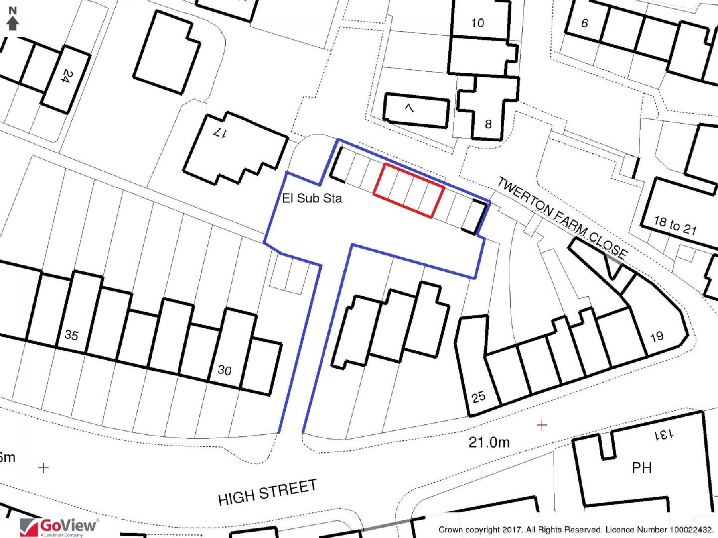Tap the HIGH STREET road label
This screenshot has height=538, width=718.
tap(267, 493)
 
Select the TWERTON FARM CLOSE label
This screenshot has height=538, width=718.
tap(562, 218)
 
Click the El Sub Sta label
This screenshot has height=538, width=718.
tap(312, 198)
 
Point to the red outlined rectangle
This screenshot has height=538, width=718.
tap(409, 190)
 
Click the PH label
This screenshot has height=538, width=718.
tap(642, 467)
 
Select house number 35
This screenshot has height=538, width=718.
tap(71, 335)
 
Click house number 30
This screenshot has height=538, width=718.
tap(225, 370)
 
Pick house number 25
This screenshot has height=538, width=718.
tap(479, 397)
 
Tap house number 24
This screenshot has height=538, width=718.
tap(67, 76)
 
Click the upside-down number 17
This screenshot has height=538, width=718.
tap(220, 133)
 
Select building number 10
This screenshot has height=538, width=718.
tap(477, 23)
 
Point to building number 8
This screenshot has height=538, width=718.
tap(488, 124)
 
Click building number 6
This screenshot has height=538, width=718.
tap(584, 23)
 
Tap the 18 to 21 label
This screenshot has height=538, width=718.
tap(675, 226)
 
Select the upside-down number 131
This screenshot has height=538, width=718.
tap(664, 434)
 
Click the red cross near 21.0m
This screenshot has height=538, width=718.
tap(542, 425)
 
